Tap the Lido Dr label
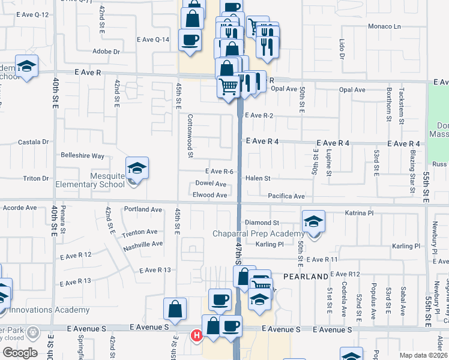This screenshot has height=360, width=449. tap(341, 49)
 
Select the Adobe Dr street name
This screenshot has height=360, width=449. tap(107, 52)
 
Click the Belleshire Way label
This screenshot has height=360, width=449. tap(82, 155)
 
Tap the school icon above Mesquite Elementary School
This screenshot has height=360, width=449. tap(137, 169)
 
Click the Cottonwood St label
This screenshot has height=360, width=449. tap(190, 136)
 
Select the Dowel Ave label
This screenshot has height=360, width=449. tap(211, 184)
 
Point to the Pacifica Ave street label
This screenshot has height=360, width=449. tap(286, 196)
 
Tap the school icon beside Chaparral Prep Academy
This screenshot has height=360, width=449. tap(313, 223)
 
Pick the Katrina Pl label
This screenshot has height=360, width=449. tap(360, 212)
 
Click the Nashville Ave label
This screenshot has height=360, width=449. tap(143, 244)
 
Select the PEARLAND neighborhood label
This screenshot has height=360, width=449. tap(310, 276)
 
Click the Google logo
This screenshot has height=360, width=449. tap(20, 353)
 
